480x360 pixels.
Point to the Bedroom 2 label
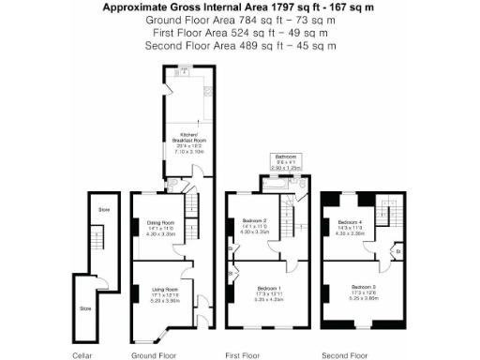tap(253, 221)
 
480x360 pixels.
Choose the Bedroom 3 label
tap(363, 287)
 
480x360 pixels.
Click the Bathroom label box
tap(285, 160)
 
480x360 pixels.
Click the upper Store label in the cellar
tap(103, 210)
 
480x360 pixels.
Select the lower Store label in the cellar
tap(84, 307)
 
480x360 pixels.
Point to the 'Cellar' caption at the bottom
tap(83, 356)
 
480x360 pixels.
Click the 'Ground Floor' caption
tap(154, 356)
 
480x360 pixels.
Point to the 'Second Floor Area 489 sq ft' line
tap(240, 45)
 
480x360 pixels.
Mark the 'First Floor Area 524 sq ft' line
tap(240, 32)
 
